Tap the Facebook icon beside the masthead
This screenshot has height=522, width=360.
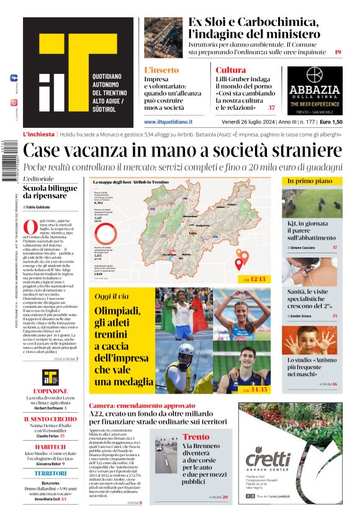tap(14, 79)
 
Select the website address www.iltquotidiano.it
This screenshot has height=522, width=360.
tap(168, 122)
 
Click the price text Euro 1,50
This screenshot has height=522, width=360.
tap(330, 122)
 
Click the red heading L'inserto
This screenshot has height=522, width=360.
tap(161, 70)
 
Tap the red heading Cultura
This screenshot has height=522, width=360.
tap(230, 70)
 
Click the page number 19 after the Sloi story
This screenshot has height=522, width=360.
tap(338, 52)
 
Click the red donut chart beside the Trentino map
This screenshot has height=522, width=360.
tap(106, 233)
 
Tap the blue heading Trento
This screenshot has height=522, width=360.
tap(196, 437)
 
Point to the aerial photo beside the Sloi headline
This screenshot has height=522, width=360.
tap(163, 34)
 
